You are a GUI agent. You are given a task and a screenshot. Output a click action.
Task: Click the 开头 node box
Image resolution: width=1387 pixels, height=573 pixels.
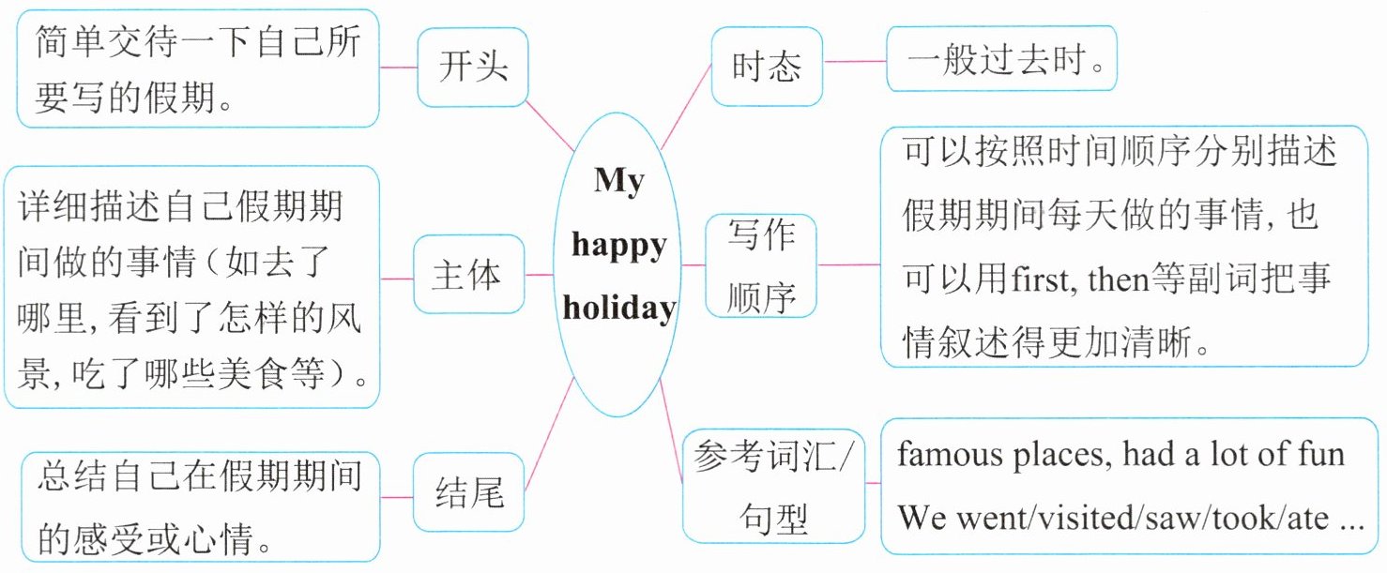pyautogui.click(x=473, y=67)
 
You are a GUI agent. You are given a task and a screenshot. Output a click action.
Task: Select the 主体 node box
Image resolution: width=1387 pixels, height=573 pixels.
pyautogui.click(x=466, y=276)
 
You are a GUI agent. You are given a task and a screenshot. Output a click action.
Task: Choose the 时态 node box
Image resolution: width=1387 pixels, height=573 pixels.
pyautogui.click(x=767, y=66)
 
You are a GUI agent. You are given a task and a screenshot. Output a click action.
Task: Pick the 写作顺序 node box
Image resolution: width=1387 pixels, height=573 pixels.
pyautogui.click(x=761, y=265)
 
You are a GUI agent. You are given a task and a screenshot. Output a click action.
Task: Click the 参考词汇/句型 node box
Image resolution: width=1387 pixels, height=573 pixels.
pyautogui.click(x=773, y=486)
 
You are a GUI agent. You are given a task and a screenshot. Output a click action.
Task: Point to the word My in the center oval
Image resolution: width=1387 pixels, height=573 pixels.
pyautogui.click(x=618, y=180)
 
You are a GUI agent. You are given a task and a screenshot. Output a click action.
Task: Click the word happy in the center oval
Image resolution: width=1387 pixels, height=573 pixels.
pyautogui.click(x=618, y=246)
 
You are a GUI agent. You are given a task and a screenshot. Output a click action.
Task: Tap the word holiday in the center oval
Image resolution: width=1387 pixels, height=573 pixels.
pyautogui.click(x=618, y=308)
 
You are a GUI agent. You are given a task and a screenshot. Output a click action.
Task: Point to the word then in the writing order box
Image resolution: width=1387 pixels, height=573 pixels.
pyautogui.click(x=1119, y=279)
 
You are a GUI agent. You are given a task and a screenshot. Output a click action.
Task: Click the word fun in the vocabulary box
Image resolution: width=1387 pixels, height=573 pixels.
pyautogui.click(x=1320, y=455)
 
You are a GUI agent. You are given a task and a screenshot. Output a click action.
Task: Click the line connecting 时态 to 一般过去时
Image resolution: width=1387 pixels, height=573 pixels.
pyautogui.click(x=855, y=62)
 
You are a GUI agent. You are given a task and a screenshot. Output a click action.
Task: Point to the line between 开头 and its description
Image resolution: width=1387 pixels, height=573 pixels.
pyautogui.click(x=399, y=68)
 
